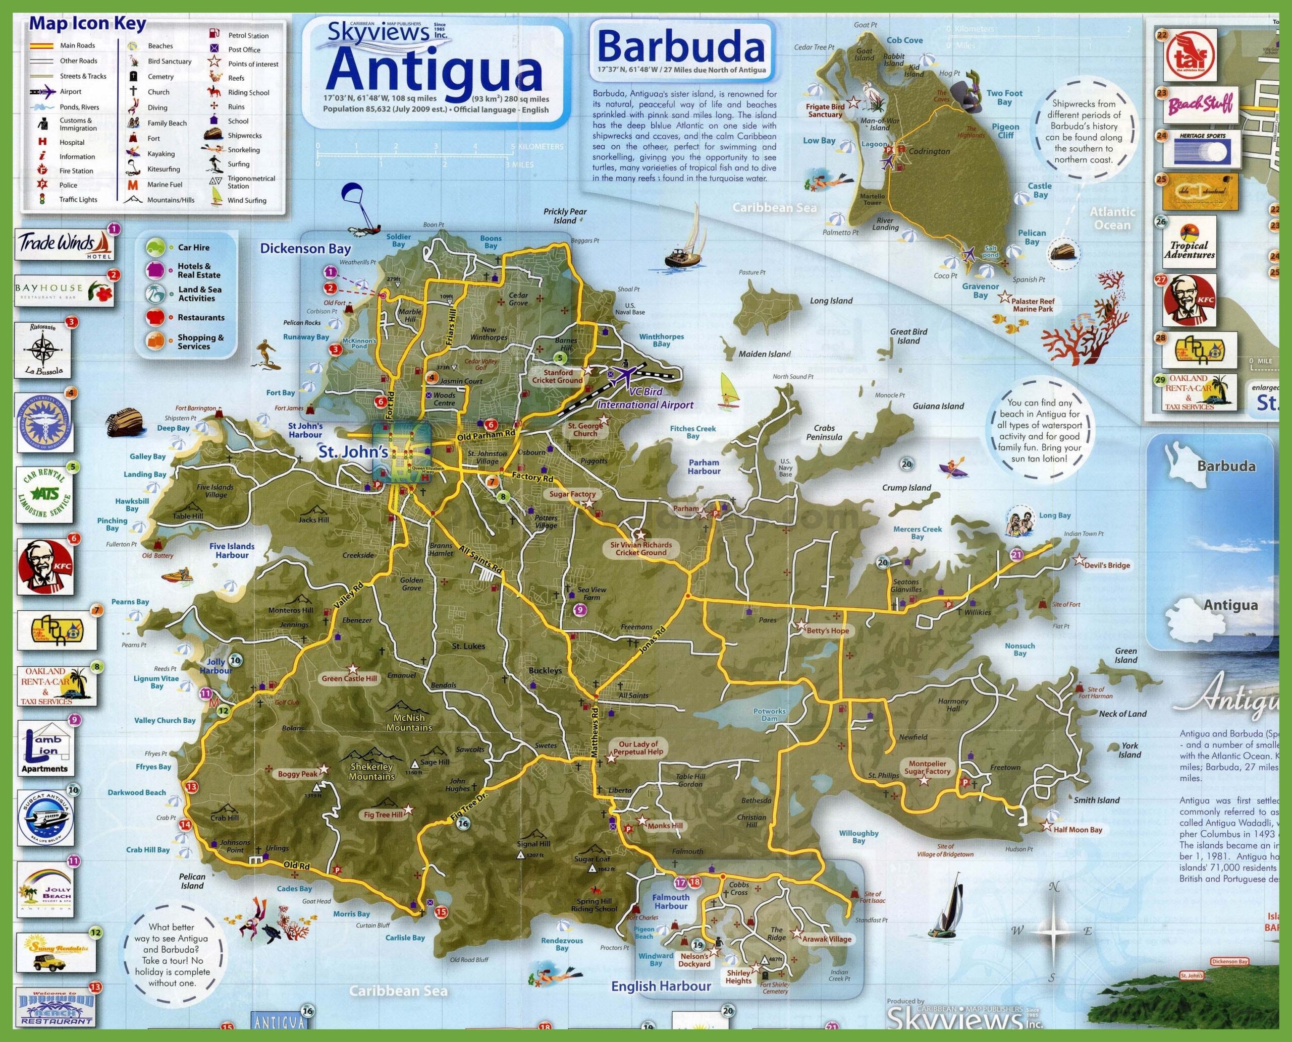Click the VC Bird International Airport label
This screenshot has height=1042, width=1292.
tap(645, 398)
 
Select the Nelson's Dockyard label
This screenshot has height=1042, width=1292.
tap(695, 960)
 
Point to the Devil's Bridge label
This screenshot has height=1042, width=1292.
tap(1107, 565)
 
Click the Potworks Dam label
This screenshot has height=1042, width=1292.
tap(770, 715)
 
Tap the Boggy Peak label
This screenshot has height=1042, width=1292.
tap(297, 774)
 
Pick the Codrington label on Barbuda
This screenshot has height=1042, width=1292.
tap(929, 151)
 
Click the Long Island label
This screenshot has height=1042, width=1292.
tap(831, 301)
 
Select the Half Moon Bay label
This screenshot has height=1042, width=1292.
tap(1078, 830)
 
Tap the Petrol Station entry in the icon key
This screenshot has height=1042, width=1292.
tap(248, 35)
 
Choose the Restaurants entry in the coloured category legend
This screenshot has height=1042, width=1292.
tap(201, 318)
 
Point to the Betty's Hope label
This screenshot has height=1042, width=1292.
tap(828, 631)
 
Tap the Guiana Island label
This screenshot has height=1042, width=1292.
tap(938, 406)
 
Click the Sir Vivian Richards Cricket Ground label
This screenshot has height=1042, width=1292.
tap(641, 549)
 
